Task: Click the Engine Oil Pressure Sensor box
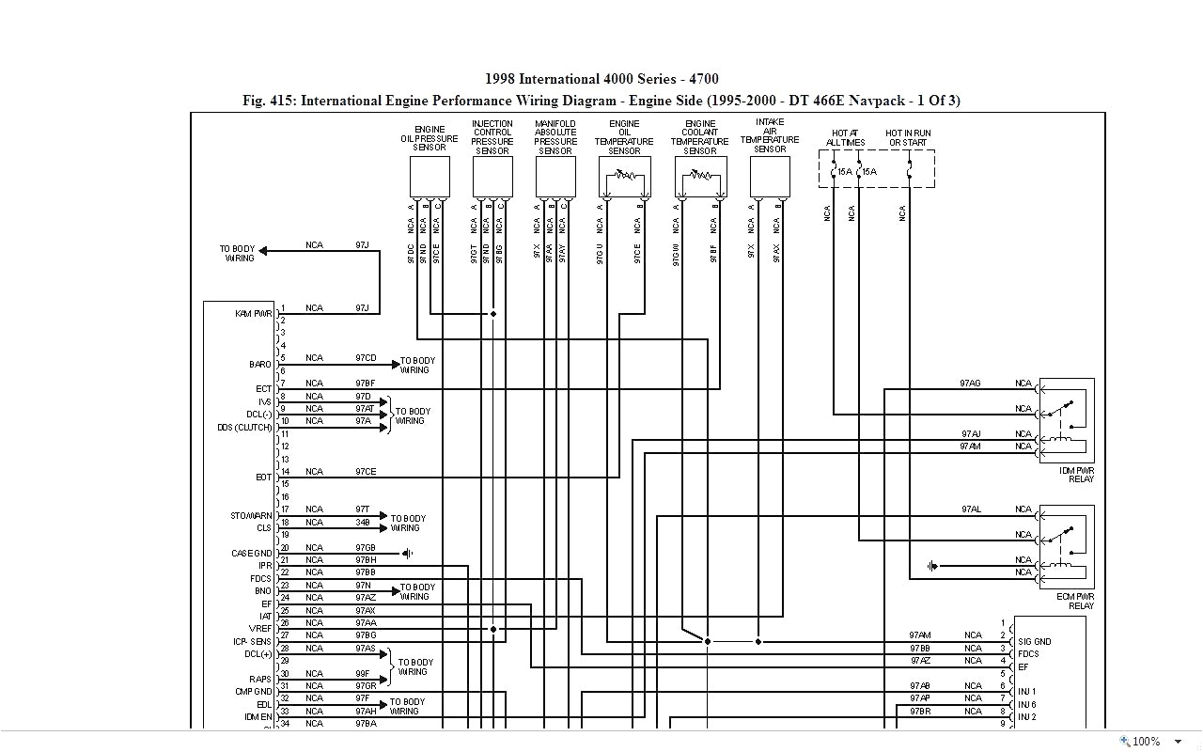(430, 177)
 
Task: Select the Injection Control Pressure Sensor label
(492, 137)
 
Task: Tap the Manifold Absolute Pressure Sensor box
(555, 177)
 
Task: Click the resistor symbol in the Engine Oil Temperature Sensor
(624, 175)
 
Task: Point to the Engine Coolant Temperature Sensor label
(700, 137)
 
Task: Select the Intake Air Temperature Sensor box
(770, 177)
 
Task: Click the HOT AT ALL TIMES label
(845, 138)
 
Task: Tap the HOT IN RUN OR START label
(909, 138)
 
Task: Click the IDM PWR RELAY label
(1076, 474)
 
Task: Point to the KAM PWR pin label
(253, 313)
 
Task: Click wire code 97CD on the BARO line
(366, 358)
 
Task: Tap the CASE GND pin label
(251, 553)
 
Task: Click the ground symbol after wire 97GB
(407, 553)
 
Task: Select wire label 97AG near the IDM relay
(970, 384)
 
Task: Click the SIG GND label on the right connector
(1034, 642)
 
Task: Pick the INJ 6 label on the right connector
(1026, 704)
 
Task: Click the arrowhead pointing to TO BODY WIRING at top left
(264, 250)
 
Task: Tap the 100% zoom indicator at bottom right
(1146, 742)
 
